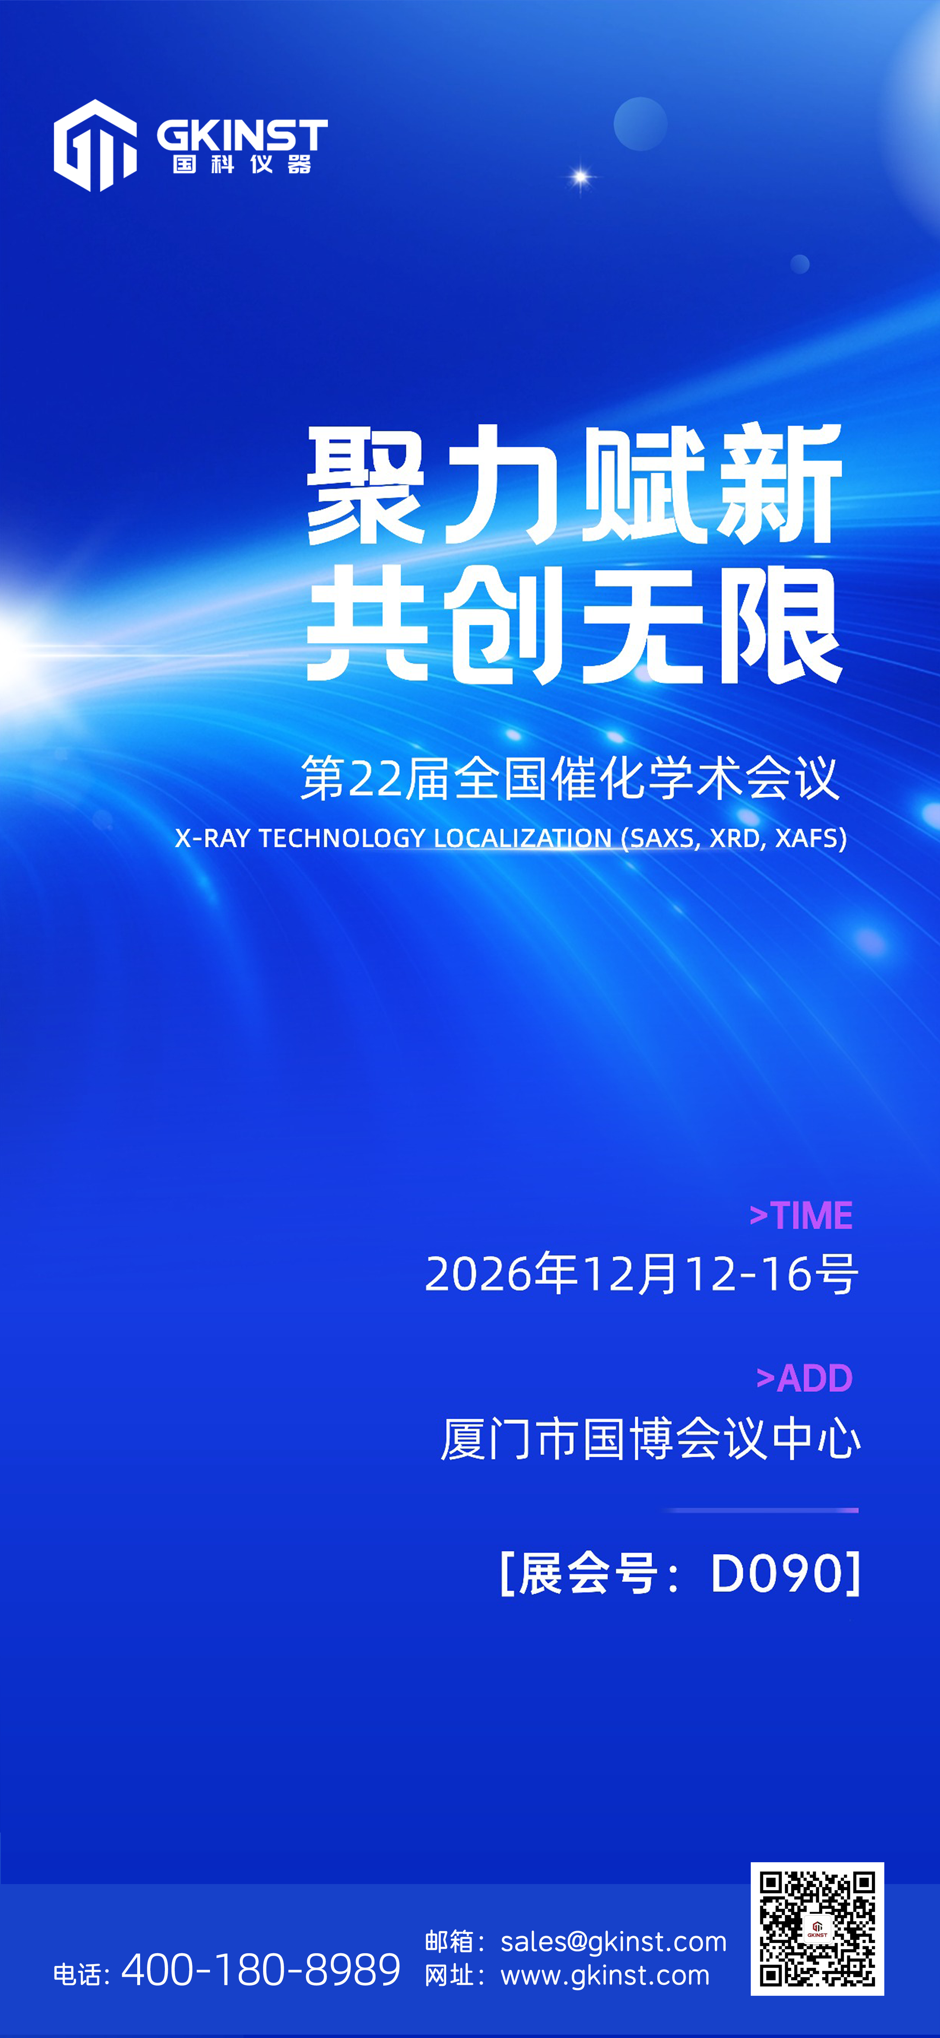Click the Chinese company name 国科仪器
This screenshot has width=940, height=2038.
coord(242,164)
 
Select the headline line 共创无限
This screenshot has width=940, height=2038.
coord(574,625)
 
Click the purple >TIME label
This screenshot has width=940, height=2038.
coord(801,1215)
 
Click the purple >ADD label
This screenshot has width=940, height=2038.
coord(804,1378)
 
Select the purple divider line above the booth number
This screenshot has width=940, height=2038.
coord(761,1510)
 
